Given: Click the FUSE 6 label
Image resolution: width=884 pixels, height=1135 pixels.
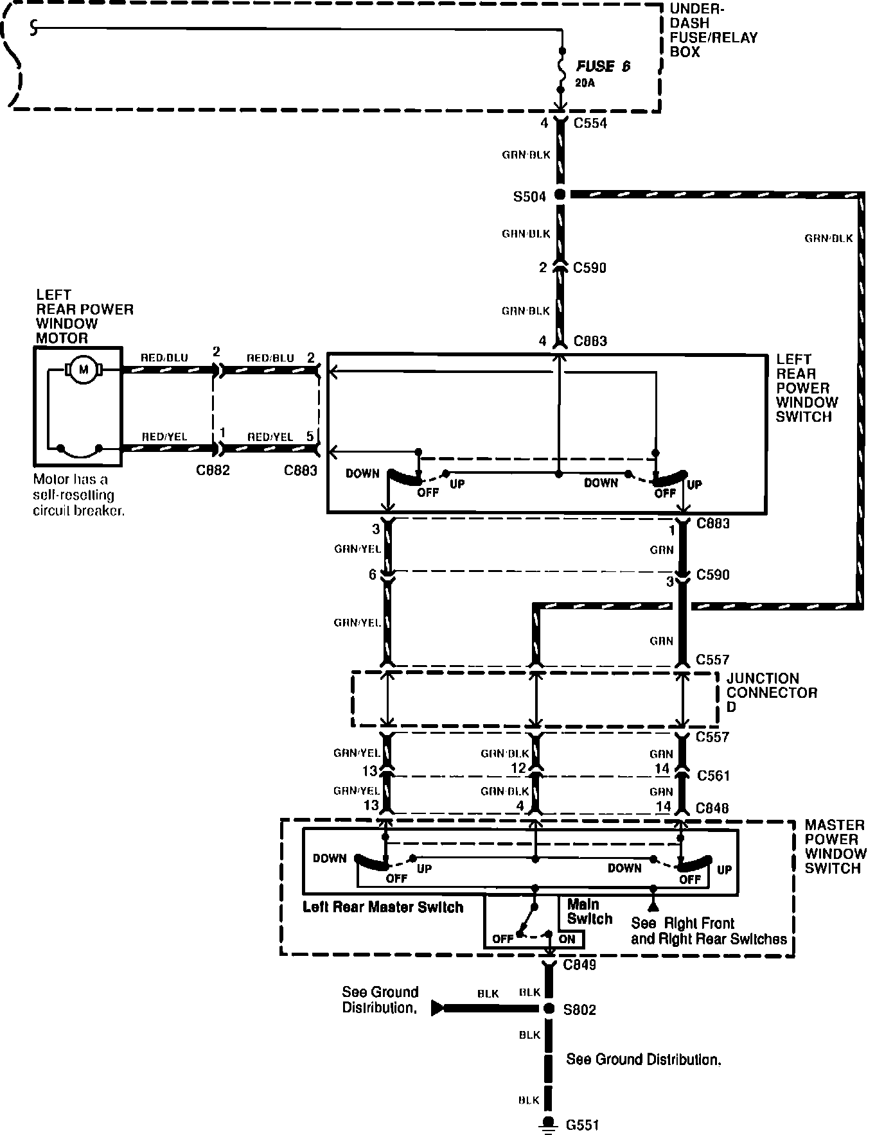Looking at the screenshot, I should pos(603,66).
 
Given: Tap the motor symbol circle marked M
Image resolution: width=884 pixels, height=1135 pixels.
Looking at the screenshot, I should pos(82,370).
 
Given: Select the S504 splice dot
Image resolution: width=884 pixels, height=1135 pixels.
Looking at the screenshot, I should pos(560,194).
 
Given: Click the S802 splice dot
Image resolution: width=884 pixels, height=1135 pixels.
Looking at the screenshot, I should pos(548,1009).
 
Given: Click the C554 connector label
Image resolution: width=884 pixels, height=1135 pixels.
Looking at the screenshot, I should pos(590,123).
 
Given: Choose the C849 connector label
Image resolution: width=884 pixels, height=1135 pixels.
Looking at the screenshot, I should pos(579,965).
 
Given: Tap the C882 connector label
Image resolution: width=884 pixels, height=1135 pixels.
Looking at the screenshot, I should pos(213,471).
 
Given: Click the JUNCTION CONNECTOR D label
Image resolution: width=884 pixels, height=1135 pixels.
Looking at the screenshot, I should pos(772,692).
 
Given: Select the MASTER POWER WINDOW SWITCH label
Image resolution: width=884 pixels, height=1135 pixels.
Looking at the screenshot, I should pos(835,846).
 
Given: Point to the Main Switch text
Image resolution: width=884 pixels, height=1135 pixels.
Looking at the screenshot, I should pos(589,912).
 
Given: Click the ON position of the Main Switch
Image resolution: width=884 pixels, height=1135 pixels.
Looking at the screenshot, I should pos(567,939).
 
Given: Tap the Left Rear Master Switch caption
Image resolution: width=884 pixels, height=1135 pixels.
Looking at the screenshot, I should pos(383,907).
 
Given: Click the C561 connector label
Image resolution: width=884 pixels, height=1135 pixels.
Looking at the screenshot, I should pos(713,775).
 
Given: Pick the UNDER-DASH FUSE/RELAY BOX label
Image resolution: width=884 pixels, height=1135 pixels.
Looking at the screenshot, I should pos(713,31).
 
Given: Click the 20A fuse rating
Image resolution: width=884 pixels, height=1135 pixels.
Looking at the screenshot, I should pos(585,83).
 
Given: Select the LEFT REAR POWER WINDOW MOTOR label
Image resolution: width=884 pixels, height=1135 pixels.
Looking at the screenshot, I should pos(84,316).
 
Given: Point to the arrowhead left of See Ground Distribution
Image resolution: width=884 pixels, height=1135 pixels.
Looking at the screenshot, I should pos(438,1008).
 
